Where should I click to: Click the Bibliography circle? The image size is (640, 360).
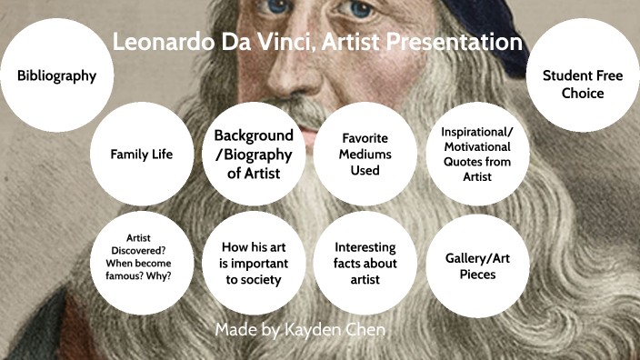[x=56, y=75]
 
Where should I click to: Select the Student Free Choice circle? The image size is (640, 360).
[x=583, y=84]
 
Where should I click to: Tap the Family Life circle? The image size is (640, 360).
[x=142, y=154]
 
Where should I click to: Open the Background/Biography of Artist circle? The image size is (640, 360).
[x=254, y=154]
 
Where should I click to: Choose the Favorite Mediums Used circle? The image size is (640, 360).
[x=365, y=154]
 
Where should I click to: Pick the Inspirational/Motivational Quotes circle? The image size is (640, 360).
[x=476, y=154]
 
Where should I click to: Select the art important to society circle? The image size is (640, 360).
[x=254, y=263]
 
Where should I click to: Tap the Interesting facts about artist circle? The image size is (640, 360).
[x=365, y=263]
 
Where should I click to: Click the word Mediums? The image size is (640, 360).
[x=365, y=154]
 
